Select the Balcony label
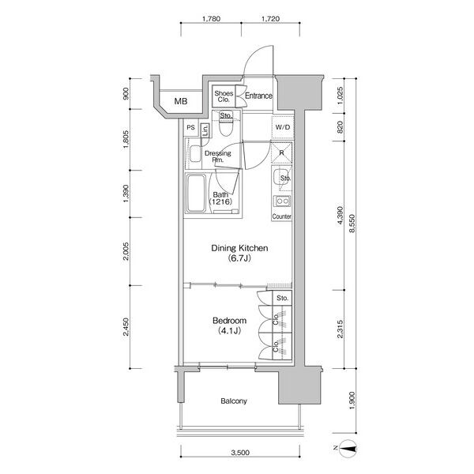(x=234, y=401)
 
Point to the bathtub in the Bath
(x=196, y=194)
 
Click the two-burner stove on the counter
(x=282, y=201)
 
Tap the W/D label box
(x=283, y=127)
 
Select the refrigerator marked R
(x=281, y=153)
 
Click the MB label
(x=181, y=101)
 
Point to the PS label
(x=190, y=127)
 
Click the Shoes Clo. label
(x=224, y=96)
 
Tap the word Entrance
(x=258, y=96)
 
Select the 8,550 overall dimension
(x=352, y=224)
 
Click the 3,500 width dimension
(x=240, y=453)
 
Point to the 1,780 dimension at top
(x=211, y=19)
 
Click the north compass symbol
(x=348, y=448)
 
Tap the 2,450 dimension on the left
(x=126, y=327)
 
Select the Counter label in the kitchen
(x=282, y=216)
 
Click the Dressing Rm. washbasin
(x=195, y=154)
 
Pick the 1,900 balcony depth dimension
(x=352, y=401)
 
